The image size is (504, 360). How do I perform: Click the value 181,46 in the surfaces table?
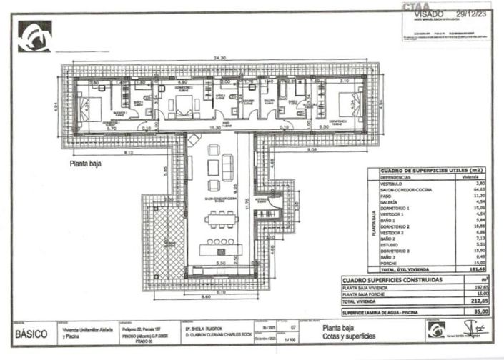pyautogui.click(x=468, y=269)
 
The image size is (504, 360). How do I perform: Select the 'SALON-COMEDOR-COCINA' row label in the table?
pyautogui.click(x=402, y=189)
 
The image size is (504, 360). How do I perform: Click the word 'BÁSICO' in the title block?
pyautogui.click(x=31, y=334)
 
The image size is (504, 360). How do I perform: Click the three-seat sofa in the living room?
pyautogui.click(x=228, y=167)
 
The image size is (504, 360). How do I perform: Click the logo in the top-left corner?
pyautogui.click(x=34, y=36)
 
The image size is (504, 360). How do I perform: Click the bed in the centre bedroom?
pyautogui.click(x=184, y=106)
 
